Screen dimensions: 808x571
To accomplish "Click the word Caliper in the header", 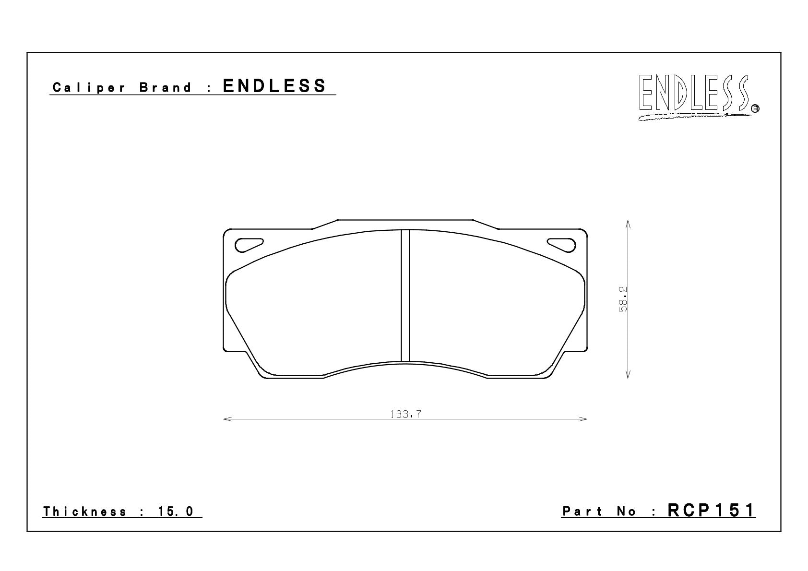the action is click(89, 88).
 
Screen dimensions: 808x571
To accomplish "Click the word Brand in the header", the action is click(166, 87).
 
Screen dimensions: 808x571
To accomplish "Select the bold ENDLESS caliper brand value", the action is click(274, 86).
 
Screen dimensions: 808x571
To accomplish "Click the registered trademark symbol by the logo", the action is click(755, 108).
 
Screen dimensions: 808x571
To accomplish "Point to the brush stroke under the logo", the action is click(695, 117).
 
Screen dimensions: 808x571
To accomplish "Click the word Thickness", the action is click(85, 511).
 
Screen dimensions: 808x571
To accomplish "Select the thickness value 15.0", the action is click(176, 511).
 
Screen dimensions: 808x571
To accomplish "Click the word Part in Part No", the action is click(582, 511).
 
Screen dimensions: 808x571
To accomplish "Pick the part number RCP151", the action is click(711, 510).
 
